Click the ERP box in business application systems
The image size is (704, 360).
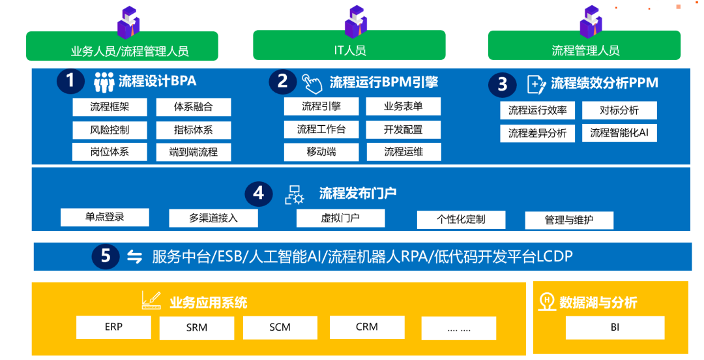point(113,327)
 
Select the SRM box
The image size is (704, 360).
point(197,328)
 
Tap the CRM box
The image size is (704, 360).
point(367,327)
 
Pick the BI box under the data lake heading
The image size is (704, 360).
point(615,327)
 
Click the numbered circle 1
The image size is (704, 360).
point(70,81)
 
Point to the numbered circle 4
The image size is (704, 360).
point(259,193)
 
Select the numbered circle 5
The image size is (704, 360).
point(106,256)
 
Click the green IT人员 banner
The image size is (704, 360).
point(349,45)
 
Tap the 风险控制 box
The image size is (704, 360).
point(110,130)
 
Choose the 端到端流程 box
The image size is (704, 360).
point(194,153)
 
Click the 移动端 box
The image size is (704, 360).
point(321,152)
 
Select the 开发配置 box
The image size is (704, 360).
point(403,129)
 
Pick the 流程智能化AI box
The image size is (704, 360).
point(619,133)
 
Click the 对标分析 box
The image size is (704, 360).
point(619,111)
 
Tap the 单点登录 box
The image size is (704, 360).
point(104,217)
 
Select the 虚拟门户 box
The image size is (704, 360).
point(340,218)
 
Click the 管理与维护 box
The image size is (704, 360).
point(569,220)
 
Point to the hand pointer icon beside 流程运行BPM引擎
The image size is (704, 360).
point(312,83)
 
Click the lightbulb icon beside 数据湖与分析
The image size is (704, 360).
point(547,301)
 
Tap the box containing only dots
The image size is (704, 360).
point(459,329)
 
